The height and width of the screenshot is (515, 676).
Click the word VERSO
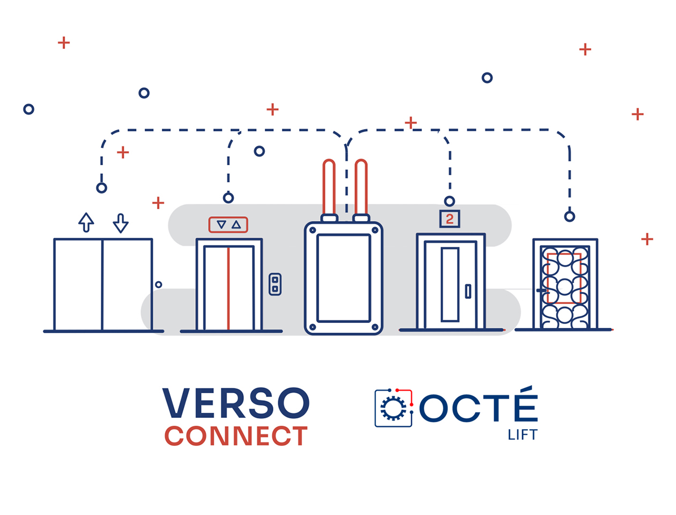(x=236, y=403)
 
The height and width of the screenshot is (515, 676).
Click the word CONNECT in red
(x=236, y=436)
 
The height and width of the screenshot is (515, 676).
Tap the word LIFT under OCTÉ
(x=522, y=435)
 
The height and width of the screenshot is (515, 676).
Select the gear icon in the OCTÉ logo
(x=393, y=409)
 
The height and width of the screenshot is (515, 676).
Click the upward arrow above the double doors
(x=86, y=222)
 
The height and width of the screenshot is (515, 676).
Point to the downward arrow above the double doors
(x=121, y=223)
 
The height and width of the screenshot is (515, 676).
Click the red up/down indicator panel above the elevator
(x=228, y=224)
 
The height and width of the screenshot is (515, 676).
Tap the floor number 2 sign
(x=449, y=219)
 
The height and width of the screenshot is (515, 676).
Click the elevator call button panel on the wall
(x=275, y=284)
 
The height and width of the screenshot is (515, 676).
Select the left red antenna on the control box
(x=329, y=188)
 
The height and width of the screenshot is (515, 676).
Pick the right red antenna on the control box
(x=361, y=188)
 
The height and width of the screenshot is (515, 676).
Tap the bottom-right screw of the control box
(x=375, y=327)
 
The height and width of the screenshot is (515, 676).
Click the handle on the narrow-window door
(x=468, y=291)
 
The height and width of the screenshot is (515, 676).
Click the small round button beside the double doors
(x=159, y=284)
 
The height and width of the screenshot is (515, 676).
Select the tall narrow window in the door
(x=450, y=284)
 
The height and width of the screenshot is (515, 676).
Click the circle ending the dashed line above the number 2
(x=449, y=201)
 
